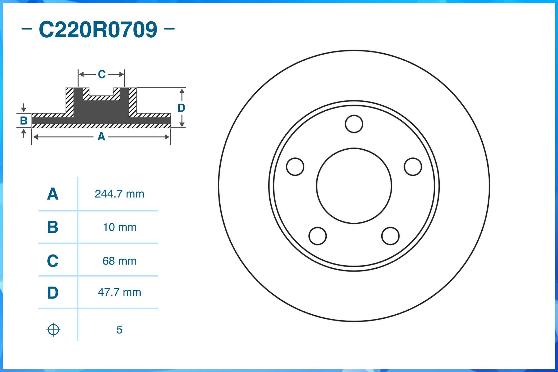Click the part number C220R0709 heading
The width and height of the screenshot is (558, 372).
98,29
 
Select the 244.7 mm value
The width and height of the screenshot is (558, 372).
119,194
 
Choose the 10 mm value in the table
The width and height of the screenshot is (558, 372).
120,227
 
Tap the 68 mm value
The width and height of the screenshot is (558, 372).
119,261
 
